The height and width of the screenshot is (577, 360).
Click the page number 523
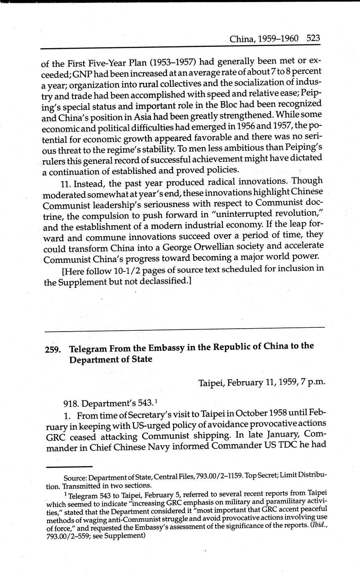(x=313, y=38)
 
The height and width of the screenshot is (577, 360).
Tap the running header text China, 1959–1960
(x=264, y=39)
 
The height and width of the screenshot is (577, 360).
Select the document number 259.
(x=53, y=350)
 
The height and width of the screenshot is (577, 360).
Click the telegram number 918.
(x=71, y=403)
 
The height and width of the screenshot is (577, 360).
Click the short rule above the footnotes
(x=69, y=466)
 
